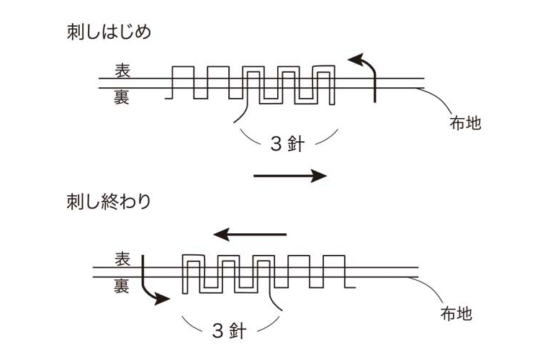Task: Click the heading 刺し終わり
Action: point(108,202)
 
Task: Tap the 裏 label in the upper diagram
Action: point(121,96)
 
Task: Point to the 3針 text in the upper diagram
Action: point(287,143)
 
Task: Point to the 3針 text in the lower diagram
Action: point(229,331)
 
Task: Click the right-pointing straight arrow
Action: point(290,176)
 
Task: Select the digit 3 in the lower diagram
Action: point(217,331)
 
